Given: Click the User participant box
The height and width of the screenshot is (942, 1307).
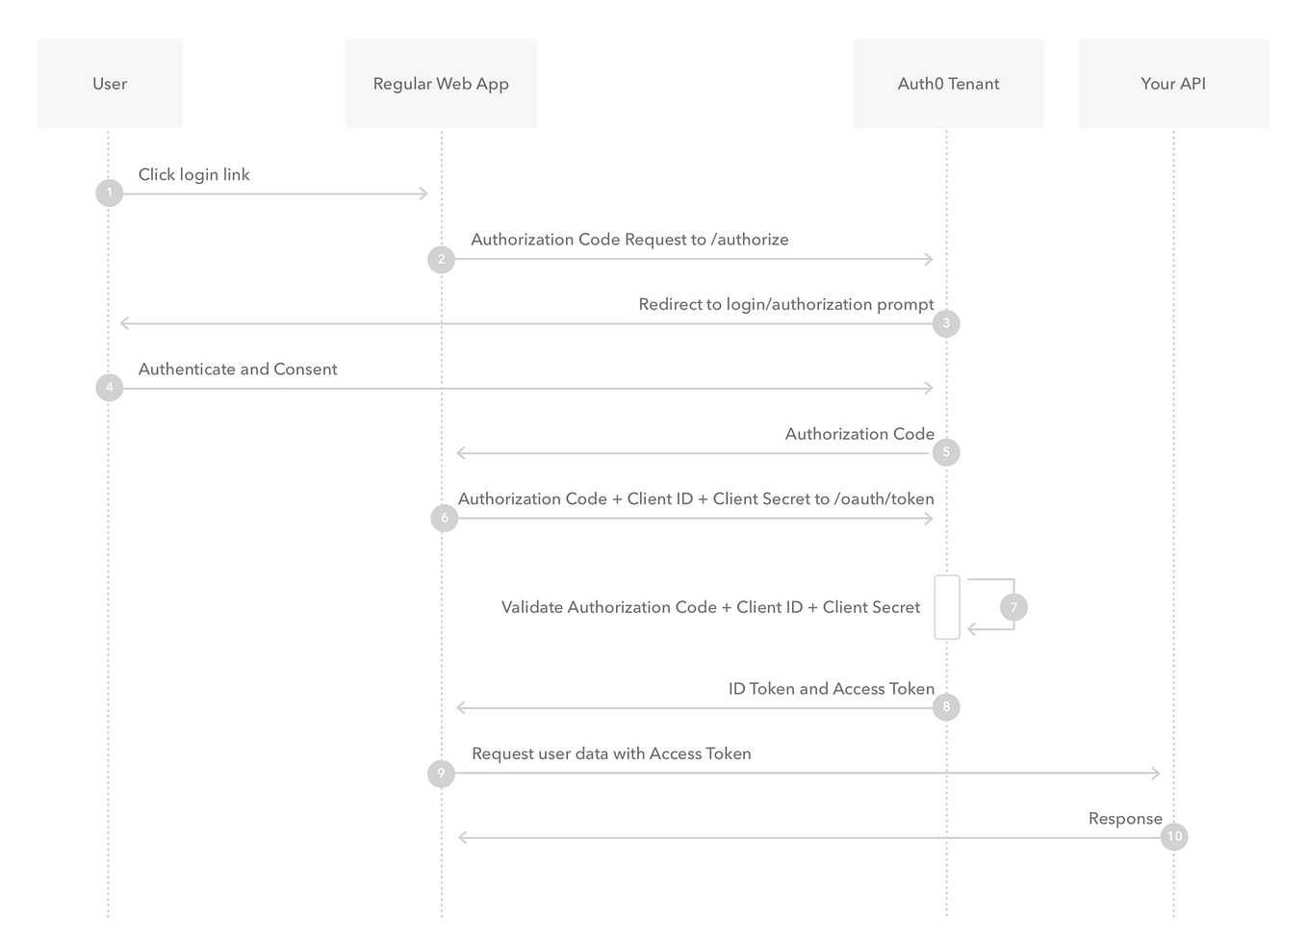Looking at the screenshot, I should click(x=110, y=84).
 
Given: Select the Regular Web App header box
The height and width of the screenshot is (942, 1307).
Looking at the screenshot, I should click(x=441, y=84).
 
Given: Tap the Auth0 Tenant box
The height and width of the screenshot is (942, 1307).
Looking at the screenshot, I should click(x=948, y=84).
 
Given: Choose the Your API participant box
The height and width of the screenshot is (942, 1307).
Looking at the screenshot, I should click(x=1173, y=84).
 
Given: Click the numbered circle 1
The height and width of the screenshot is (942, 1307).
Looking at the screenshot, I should click(x=110, y=193).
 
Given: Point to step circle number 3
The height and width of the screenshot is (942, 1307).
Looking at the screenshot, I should click(x=946, y=323).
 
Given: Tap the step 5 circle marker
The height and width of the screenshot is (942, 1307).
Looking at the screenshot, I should click(x=946, y=452).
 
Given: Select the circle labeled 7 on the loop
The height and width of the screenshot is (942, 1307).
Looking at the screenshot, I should click(x=1013, y=607).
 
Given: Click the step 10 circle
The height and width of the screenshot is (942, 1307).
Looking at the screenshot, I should click(x=1174, y=837).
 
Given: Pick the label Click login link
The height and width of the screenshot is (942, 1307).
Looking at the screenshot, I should click(x=193, y=174).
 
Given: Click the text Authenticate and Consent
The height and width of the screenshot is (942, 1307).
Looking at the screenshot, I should click(x=238, y=369).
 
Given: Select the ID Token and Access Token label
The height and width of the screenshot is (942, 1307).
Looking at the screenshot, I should click(x=832, y=689).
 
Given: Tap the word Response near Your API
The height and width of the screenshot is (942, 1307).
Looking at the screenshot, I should click(x=1125, y=819).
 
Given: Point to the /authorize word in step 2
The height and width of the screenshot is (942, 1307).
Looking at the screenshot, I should click(x=750, y=240).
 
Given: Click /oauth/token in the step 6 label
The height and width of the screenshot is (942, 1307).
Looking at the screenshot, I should click(x=884, y=498).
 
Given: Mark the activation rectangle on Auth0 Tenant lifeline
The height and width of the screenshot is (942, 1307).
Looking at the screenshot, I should click(x=947, y=607).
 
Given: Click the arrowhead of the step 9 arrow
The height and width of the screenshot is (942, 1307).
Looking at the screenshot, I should click(x=1156, y=774).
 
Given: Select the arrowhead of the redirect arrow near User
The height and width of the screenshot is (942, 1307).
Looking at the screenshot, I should click(x=124, y=323).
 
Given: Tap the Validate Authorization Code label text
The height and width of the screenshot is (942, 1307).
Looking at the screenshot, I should click(x=710, y=607).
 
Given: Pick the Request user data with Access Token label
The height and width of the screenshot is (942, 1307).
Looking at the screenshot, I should click(x=611, y=754).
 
